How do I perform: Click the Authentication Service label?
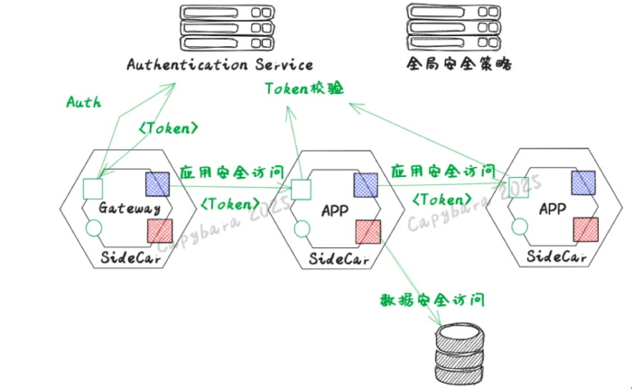click(219, 65)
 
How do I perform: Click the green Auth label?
click(83, 102)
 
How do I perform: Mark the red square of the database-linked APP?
click(366, 232)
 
